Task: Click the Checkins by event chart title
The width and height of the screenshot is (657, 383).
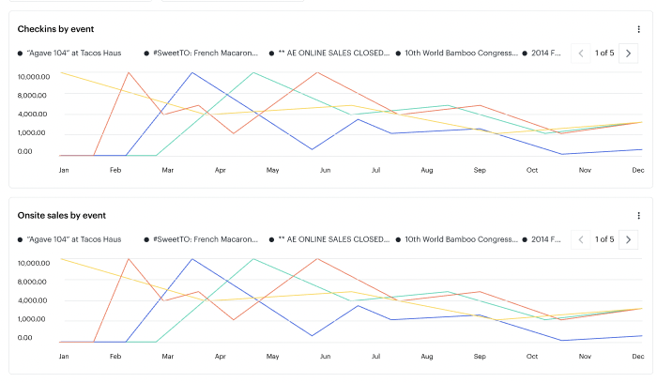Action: pos(55,29)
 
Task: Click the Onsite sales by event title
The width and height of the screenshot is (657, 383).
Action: pos(61,215)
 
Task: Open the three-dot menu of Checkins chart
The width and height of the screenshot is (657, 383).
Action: pos(638,29)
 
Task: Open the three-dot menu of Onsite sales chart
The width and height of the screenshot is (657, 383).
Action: pos(638,215)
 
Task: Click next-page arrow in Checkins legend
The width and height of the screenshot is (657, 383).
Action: pos(629,54)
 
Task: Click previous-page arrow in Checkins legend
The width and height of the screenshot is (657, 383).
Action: pos(581,54)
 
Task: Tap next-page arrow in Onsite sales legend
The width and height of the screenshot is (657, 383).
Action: pos(629,239)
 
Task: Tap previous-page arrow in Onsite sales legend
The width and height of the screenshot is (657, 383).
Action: pos(581,239)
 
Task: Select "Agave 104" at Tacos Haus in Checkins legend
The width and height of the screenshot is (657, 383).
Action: pos(74,54)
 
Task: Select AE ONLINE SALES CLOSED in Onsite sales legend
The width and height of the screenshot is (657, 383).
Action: pos(333,240)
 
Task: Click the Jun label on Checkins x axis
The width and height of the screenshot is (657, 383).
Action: pos(324,171)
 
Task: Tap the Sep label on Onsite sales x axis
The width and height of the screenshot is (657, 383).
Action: pos(479,358)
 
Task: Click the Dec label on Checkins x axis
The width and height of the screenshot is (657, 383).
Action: pos(637,171)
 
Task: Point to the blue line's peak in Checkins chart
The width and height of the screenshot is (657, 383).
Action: pos(191,72)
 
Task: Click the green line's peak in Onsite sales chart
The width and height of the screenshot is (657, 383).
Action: pos(253,259)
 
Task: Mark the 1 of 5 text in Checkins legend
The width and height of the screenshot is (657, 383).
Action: pos(604,54)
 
